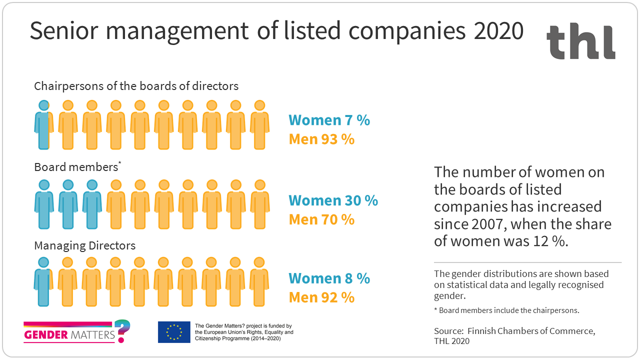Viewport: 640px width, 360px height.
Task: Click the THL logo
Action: pyautogui.click(x=580, y=41)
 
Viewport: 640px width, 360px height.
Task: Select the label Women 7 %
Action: pyautogui.click(x=329, y=120)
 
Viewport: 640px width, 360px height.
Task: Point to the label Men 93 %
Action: pyautogui.click(x=321, y=139)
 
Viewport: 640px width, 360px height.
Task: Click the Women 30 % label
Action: pyautogui.click(x=333, y=200)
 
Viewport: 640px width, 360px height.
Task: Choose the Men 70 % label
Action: pyautogui.click(x=321, y=219)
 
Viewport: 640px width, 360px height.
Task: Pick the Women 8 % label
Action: pyautogui.click(x=329, y=278)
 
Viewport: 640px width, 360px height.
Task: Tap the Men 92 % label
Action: pyautogui.click(x=321, y=297)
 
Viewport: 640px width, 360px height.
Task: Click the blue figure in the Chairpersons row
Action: pyautogui.click(x=44, y=124)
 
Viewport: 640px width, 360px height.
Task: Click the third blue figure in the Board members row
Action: pyautogui.click(x=91, y=203)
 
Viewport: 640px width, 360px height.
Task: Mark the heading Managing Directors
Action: pyautogui.click(x=84, y=246)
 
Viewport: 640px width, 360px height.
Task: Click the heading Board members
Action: pyautogui.click(x=75, y=167)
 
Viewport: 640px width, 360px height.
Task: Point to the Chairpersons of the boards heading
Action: pyautogui.click(x=136, y=86)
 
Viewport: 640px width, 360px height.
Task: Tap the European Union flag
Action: pyautogui.click(x=174, y=332)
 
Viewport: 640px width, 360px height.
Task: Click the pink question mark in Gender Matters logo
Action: pyautogui.click(x=121, y=330)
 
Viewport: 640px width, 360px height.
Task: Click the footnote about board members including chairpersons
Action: pyautogui.click(x=506, y=310)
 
